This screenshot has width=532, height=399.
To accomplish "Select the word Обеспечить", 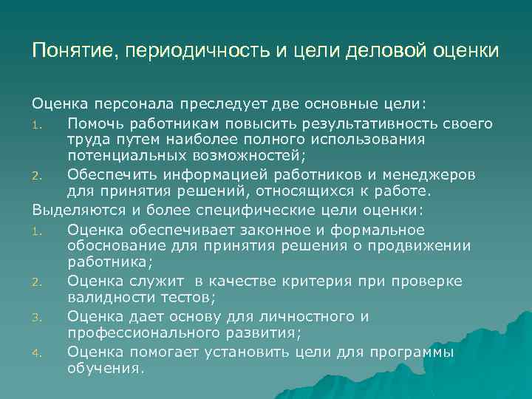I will click(x=110, y=174).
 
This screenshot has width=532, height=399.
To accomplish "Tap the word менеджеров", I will click(x=432, y=174).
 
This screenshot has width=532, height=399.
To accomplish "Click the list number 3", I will click(x=43, y=317).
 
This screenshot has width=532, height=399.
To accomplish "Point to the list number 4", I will click(x=43, y=353).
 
